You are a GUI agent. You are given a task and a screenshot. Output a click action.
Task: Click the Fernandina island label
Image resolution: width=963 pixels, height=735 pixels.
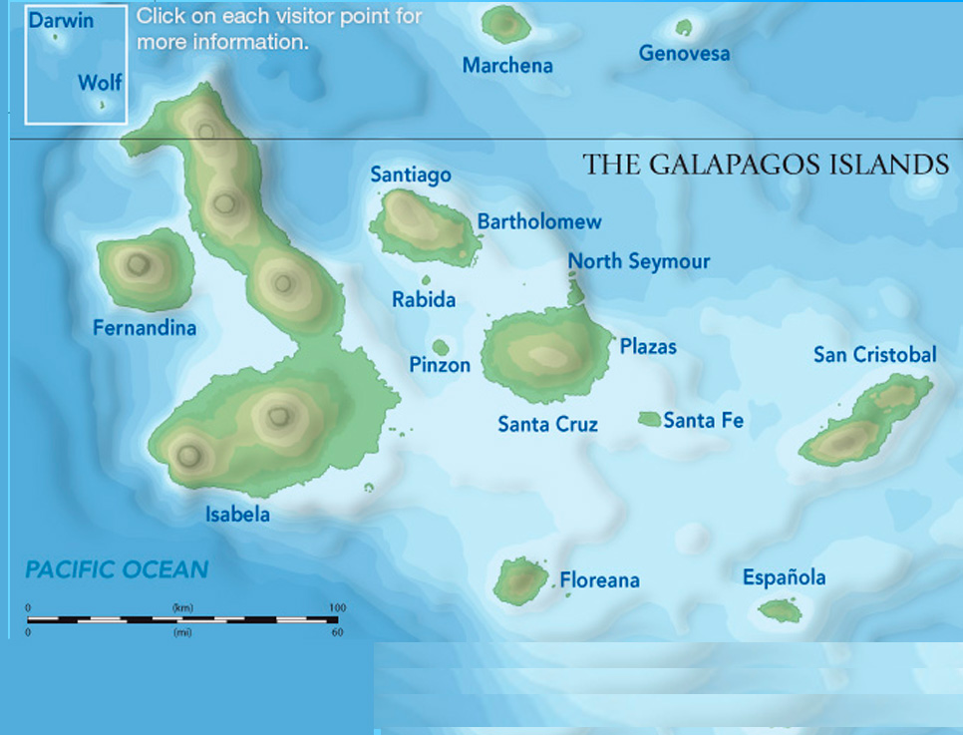145,328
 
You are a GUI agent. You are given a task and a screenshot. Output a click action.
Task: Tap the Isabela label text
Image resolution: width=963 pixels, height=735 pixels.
237,515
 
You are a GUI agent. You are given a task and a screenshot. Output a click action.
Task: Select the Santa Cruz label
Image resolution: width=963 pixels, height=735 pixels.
547,425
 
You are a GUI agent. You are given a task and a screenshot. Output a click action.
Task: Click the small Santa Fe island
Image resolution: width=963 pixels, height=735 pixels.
649,419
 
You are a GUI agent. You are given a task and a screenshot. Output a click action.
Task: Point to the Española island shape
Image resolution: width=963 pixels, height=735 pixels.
780,610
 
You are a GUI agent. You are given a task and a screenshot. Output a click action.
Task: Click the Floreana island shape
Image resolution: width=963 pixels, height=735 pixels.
521,580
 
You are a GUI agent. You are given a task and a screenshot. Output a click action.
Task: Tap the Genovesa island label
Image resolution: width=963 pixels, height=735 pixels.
684,54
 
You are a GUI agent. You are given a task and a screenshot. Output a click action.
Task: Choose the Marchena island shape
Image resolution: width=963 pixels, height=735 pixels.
505,24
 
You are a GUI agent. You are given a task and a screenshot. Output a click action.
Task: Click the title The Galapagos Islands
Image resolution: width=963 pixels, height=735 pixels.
765,165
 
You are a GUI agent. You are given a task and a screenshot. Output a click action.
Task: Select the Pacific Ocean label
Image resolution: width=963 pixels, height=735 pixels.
117,570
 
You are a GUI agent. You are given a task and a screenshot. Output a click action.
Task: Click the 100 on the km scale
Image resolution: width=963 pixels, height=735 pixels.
337,607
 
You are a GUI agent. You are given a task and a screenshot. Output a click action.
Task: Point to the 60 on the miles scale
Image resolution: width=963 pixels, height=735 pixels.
337,632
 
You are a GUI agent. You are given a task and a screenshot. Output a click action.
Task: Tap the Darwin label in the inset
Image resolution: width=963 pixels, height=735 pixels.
60,19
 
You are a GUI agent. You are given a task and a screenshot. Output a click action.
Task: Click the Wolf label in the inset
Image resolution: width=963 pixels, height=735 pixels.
100,82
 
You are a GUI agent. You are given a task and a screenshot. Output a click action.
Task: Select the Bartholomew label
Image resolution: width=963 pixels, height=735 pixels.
539,221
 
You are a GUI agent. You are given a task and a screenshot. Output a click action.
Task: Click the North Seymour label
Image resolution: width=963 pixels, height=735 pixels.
639,261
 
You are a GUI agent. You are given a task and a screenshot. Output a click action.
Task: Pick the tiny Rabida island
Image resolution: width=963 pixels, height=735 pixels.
427,280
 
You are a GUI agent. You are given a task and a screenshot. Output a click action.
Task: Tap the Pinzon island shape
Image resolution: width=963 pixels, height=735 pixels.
441,347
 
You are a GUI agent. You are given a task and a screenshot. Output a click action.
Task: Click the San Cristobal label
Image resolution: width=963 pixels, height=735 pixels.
874,355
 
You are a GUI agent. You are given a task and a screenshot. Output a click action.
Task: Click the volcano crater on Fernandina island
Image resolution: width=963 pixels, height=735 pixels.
138,264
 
